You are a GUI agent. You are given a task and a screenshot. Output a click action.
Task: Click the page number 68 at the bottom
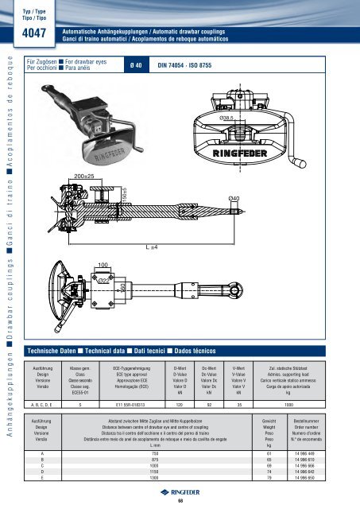click(x=180, y=500)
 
